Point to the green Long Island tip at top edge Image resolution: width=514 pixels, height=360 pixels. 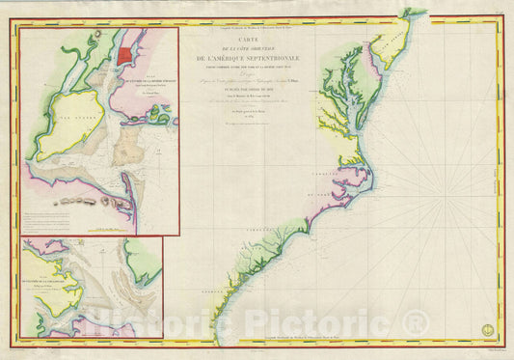[414, 13]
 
